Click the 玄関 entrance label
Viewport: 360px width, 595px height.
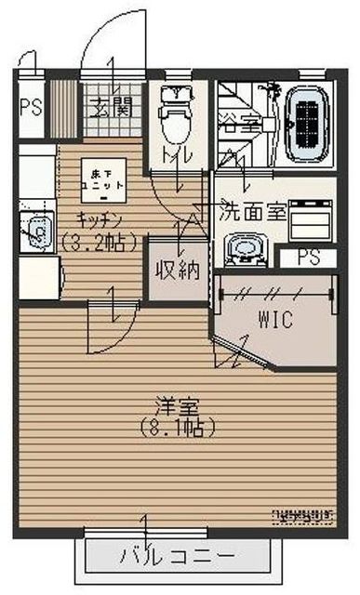point(111,104)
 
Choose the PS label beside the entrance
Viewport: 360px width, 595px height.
point(29,105)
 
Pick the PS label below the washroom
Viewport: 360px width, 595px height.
point(304,258)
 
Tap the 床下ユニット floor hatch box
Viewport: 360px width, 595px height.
point(101,179)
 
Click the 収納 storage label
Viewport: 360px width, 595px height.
point(176,271)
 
